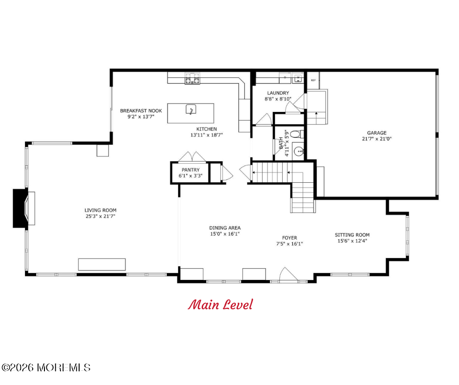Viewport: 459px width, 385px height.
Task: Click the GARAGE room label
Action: pyautogui.click(x=376, y=133)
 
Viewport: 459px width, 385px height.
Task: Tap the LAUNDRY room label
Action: pyautogui.click(x=278, y=93)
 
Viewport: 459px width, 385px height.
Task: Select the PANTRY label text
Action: pyautogui.click(x=190, y=170)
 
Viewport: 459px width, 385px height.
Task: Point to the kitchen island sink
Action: pyautogui.click(x=191, y=109)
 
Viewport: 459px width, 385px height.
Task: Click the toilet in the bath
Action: pyautogui.click(x=297, y=134)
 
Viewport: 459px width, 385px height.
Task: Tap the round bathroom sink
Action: pyautogui.click(x=298, y=151)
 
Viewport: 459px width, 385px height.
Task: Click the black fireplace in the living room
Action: pyautogui.click(x=21, y=208)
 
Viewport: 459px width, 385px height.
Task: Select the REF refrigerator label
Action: pyautogui.click(x=313, y=80)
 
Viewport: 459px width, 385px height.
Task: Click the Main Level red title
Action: pyautogui.click(x=220, y=305)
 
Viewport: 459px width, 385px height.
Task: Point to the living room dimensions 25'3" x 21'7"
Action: pyautogui.click(x=101, y=216)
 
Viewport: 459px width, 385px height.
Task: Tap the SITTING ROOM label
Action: pyautogui.click(x=352, y=235)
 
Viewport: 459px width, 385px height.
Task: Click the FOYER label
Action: pyautogui.click(x=290, y=237)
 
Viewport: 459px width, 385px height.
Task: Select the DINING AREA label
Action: pyautogui.click(x=225, y=228)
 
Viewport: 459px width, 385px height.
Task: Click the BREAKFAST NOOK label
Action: pyautogui.click(x=141, y=111)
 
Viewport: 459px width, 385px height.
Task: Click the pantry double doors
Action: pyautogui.click(x=192, y=157)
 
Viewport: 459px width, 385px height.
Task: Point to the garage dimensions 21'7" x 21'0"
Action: pyautogui.click(x=376, y=139)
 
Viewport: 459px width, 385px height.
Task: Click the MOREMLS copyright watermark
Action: pyautogui.click(x=46, y=367)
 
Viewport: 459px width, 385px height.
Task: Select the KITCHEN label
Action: pyautogui.click(x=207, y=129)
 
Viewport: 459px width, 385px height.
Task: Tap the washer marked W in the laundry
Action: pyautogui.click(x=298, y=78)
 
